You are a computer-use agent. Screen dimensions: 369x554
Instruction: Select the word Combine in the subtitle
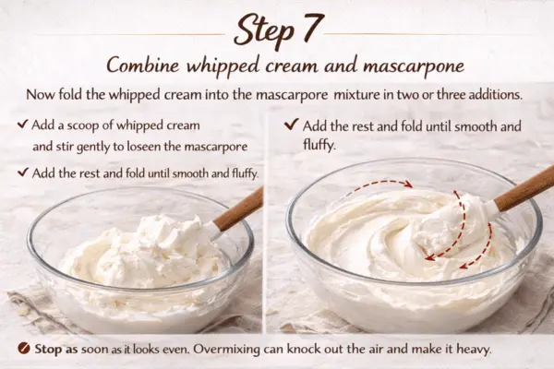pyautogui.click(x=144, y=66)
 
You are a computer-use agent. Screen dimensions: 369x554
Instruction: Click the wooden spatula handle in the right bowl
pyautogui.click(x=523, y=188)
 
